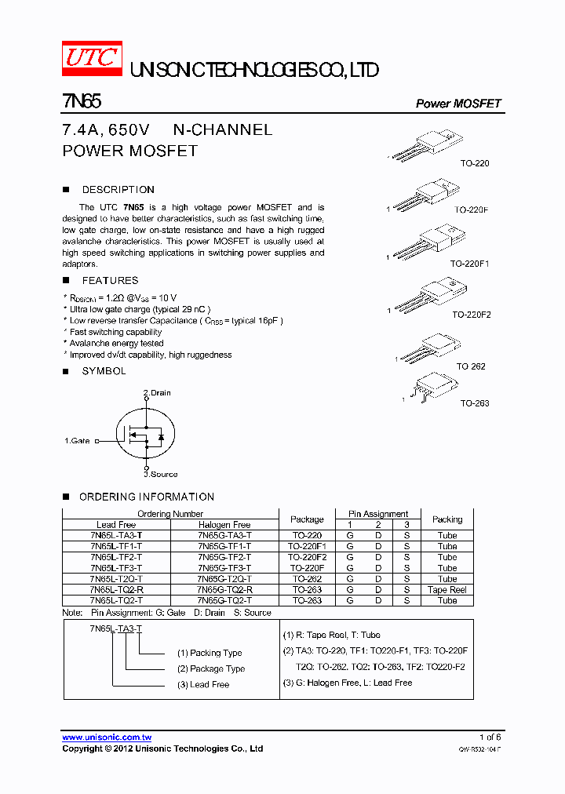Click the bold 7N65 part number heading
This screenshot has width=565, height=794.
tap(81, 102)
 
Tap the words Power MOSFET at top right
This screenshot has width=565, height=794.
tap(457, 104)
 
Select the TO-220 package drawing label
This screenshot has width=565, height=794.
tap(474, 164)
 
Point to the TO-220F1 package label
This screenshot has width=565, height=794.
tap(471, 264)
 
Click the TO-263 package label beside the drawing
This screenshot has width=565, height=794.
tap(474, 403)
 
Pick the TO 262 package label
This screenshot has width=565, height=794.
tap(472, 366)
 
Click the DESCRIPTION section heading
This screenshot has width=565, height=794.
tap(118, 190)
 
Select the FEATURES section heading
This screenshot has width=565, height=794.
tap(110, 281)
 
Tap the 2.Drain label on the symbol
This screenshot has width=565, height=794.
tap(157, 392)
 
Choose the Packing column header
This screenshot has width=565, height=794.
tap(447, 519)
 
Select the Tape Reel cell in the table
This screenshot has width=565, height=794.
tap(447, 590)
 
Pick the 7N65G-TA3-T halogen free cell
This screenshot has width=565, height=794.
tap(224, 535)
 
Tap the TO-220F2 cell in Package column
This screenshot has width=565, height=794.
tap(307, 557)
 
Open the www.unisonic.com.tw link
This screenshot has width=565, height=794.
tap(107, 738)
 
